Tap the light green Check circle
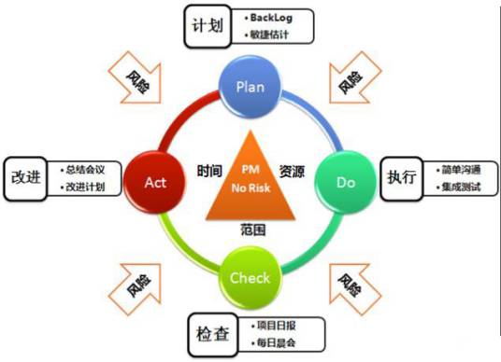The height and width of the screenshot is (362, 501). tap(250, 277)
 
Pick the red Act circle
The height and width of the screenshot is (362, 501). tap(154, 181)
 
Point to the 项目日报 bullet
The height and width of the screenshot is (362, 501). tap(279, 326)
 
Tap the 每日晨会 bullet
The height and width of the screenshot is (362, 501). tap(279, 342)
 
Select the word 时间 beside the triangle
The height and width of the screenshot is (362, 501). tap(209, 173)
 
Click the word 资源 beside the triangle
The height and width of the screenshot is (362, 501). tap(291, 173)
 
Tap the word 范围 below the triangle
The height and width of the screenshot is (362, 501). tap(250, 227)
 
